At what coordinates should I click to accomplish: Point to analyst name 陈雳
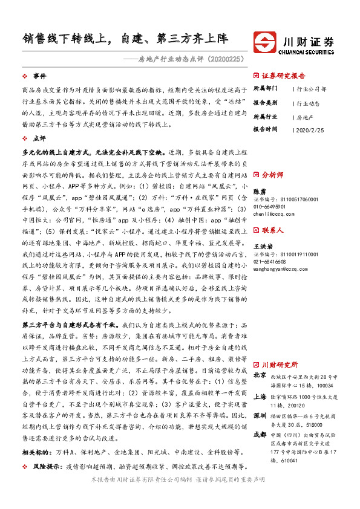259,190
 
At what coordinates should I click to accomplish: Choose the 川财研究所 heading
280,365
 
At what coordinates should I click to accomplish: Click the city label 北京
259,375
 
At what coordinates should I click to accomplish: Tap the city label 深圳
259,417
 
